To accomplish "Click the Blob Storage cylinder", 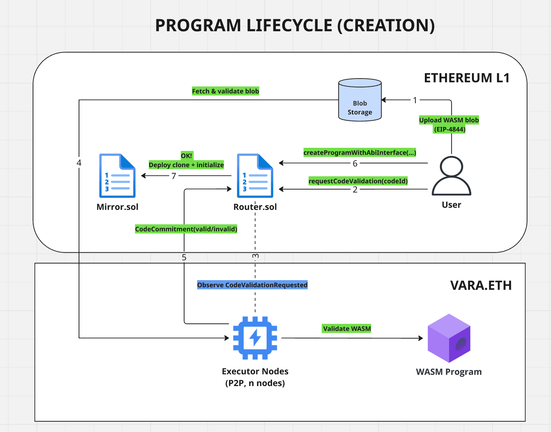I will (360, 100).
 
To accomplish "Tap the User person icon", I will (451, 176).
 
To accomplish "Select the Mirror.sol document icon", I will (117, 176).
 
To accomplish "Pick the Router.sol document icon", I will (255, 176).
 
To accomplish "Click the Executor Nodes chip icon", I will (255, 338).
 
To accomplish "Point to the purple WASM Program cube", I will (449, 338).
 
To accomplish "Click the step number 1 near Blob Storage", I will (415, 100).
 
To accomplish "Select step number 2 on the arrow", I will (355, 189).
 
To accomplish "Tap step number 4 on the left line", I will (79, 163).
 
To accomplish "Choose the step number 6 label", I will (355, 164).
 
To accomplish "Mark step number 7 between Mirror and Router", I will (174, 176).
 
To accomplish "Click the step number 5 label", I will (184, 257).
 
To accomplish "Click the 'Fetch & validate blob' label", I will (225, 91).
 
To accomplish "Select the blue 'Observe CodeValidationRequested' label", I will (252, 285).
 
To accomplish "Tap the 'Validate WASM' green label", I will (347, 329).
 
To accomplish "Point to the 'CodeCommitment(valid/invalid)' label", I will (186, 229).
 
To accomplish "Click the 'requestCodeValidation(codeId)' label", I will (358, 181).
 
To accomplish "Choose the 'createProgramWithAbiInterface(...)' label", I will (360, 153).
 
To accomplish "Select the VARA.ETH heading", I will (481, 286).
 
